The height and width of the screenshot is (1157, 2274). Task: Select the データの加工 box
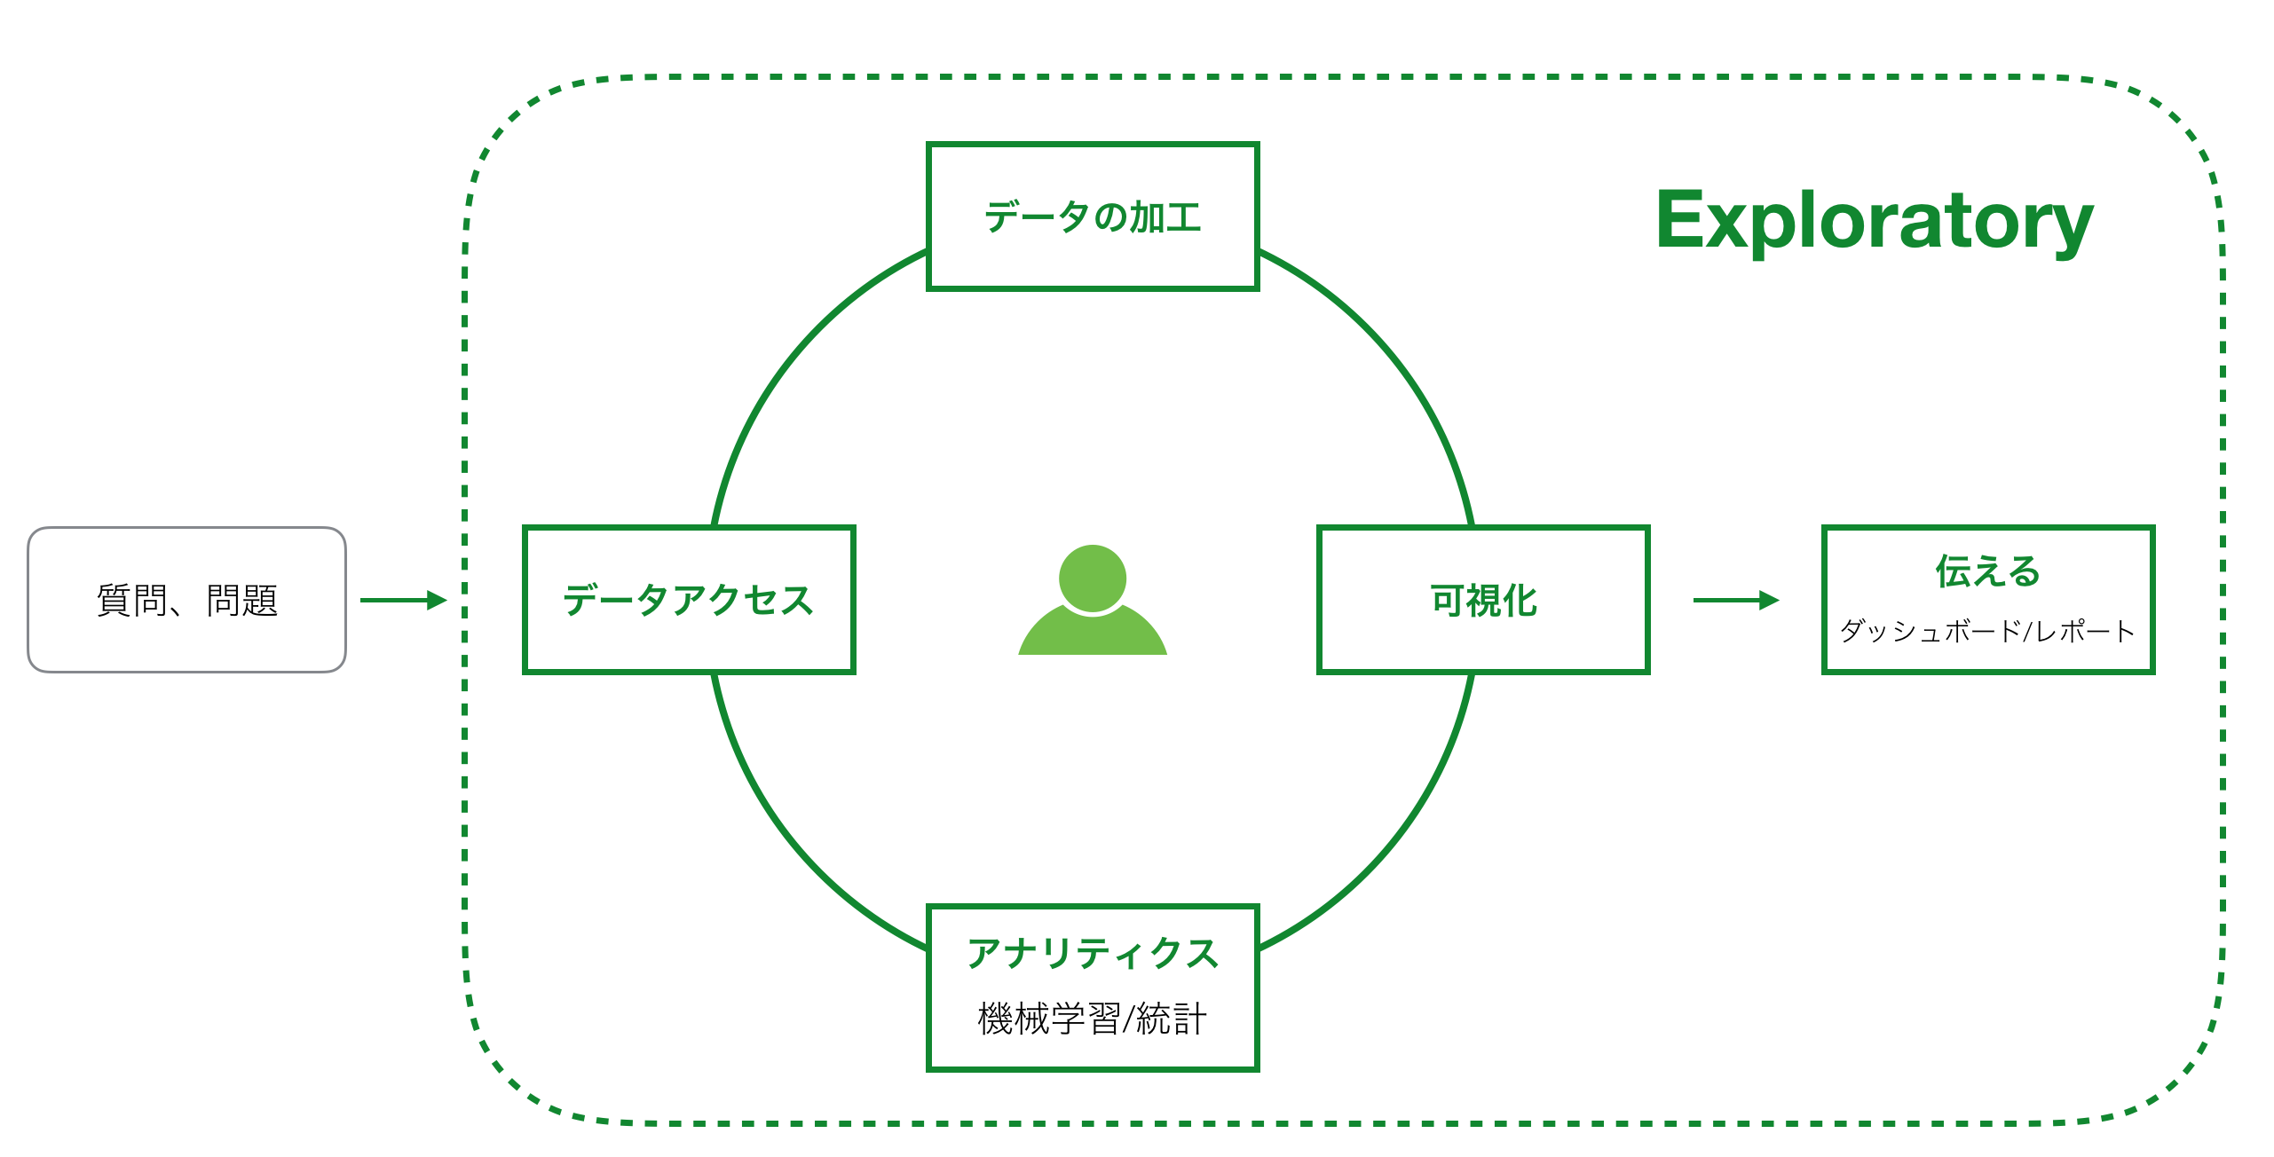tap(1092, 216)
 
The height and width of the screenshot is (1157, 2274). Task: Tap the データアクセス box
tap(689, 600)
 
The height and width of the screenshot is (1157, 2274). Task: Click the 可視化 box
tap(1482, 600)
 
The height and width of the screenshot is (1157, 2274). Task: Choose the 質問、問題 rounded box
tap(186, 600)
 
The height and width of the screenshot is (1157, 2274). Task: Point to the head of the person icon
tap(1092, 578)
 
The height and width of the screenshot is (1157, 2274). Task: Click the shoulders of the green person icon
tap(1092, 634)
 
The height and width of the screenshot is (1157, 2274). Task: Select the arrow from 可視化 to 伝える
tap(1735, 600)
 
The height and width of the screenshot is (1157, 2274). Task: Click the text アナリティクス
tap(1092, 954)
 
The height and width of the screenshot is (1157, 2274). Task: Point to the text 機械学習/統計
tap(1092, 1019)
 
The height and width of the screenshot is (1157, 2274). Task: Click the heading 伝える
tap(1987, 571)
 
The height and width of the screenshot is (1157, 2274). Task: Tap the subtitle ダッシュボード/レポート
tap(1987, 631)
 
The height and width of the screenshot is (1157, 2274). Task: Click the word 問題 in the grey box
tap(242, 601)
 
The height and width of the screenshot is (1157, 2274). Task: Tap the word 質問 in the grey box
tap(131, 601)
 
